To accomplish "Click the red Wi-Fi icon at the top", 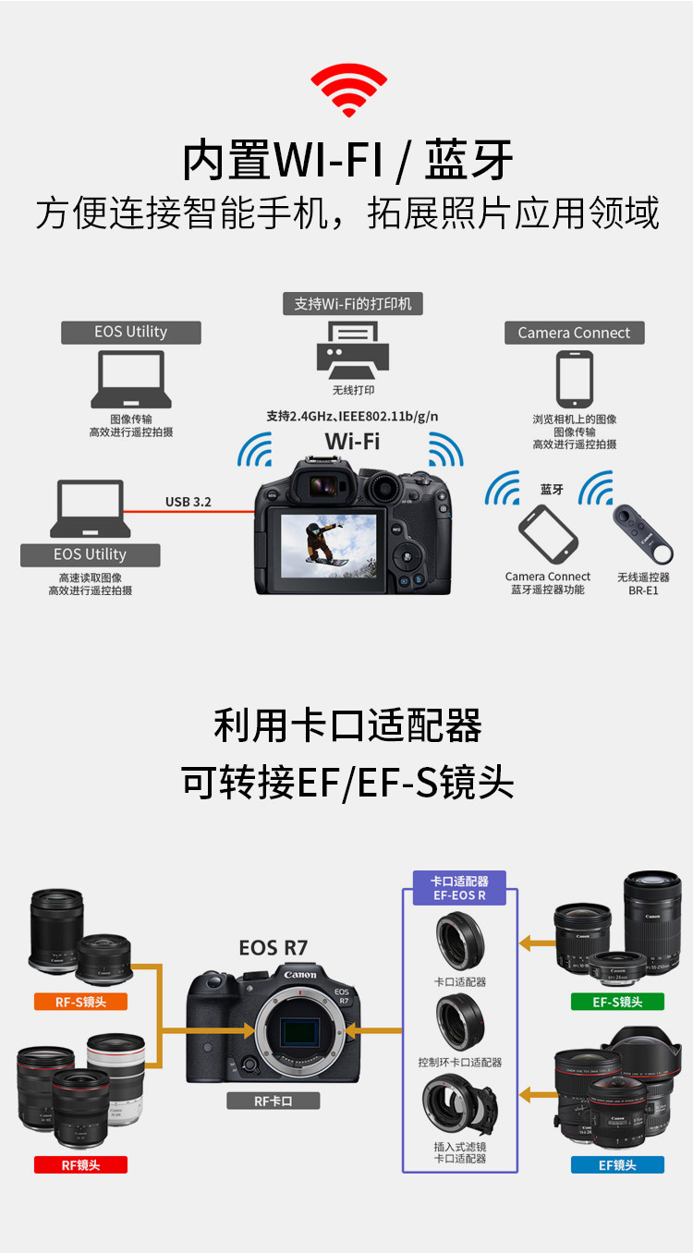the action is [348, 90].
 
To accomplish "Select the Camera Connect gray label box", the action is [575, 333].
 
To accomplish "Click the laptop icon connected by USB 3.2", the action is [90, 508].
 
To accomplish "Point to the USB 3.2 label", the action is [188, 502].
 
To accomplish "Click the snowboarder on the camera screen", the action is [324, 542].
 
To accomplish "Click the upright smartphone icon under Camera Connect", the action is [575, 379].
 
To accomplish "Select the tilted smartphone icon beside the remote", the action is [548, 534].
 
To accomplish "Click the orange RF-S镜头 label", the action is [80, 1002].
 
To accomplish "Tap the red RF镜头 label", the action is [80, 1164].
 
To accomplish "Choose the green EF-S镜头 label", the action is [617, 1002].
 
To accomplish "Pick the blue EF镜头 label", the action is [617, 1164].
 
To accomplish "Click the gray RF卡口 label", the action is [273, 1101].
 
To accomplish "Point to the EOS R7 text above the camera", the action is [273, 947].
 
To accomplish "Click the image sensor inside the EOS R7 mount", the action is [299, 1031].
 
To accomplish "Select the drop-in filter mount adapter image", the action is [460, 1106].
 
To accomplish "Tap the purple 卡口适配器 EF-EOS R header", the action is [460, 888].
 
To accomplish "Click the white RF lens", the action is [117, 1078].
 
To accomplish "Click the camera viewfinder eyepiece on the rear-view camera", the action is [322, 485].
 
